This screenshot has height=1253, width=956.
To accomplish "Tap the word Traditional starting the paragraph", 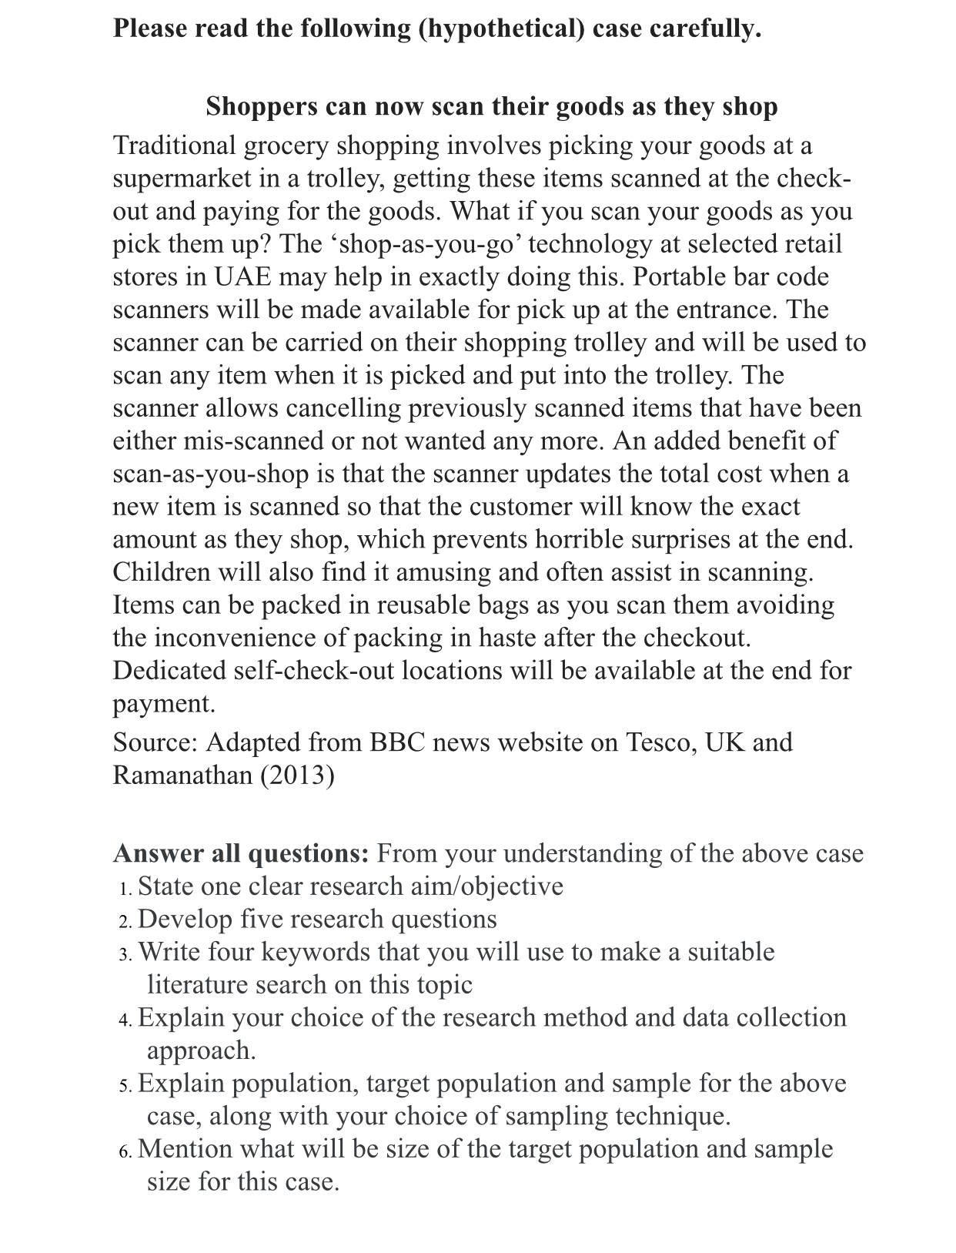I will tap(174, 145).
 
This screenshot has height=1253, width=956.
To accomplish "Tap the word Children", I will tap(161, 572).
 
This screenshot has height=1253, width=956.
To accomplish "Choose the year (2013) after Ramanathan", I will tap(297, 775).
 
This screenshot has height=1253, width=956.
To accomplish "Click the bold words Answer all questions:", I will tap(241, 853).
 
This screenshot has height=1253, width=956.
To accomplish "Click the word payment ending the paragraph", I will tap(162, 704).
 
